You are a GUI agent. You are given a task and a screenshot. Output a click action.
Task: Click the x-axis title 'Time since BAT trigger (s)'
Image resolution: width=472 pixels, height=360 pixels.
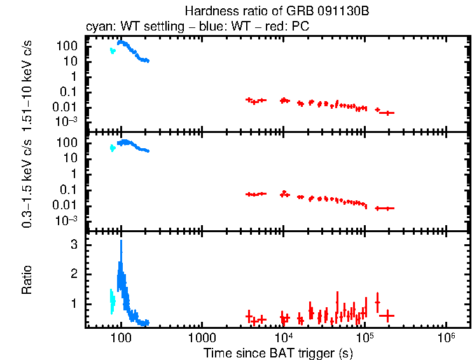[277, 352]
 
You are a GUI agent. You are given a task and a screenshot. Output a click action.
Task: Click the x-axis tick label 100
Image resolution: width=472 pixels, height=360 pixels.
[121, 336]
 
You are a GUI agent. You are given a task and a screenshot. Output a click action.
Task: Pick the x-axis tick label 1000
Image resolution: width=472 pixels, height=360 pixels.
[202, 336]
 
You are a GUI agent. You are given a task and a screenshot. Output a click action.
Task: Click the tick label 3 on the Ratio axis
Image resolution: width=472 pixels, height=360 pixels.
[74, 244]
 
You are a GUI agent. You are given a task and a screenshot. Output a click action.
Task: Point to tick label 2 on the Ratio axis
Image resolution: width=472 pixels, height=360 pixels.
[74, 274]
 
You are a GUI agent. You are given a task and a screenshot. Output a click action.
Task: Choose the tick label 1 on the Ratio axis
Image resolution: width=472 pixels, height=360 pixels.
[74, 304]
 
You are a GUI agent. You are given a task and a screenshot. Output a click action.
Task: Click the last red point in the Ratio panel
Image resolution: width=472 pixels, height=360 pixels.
[387, 315]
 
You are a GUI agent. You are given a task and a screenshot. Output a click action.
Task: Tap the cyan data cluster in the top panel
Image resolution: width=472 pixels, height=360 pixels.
[113, 51]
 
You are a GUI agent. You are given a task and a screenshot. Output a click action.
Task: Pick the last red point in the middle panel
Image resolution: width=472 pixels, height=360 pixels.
[385, 208]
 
